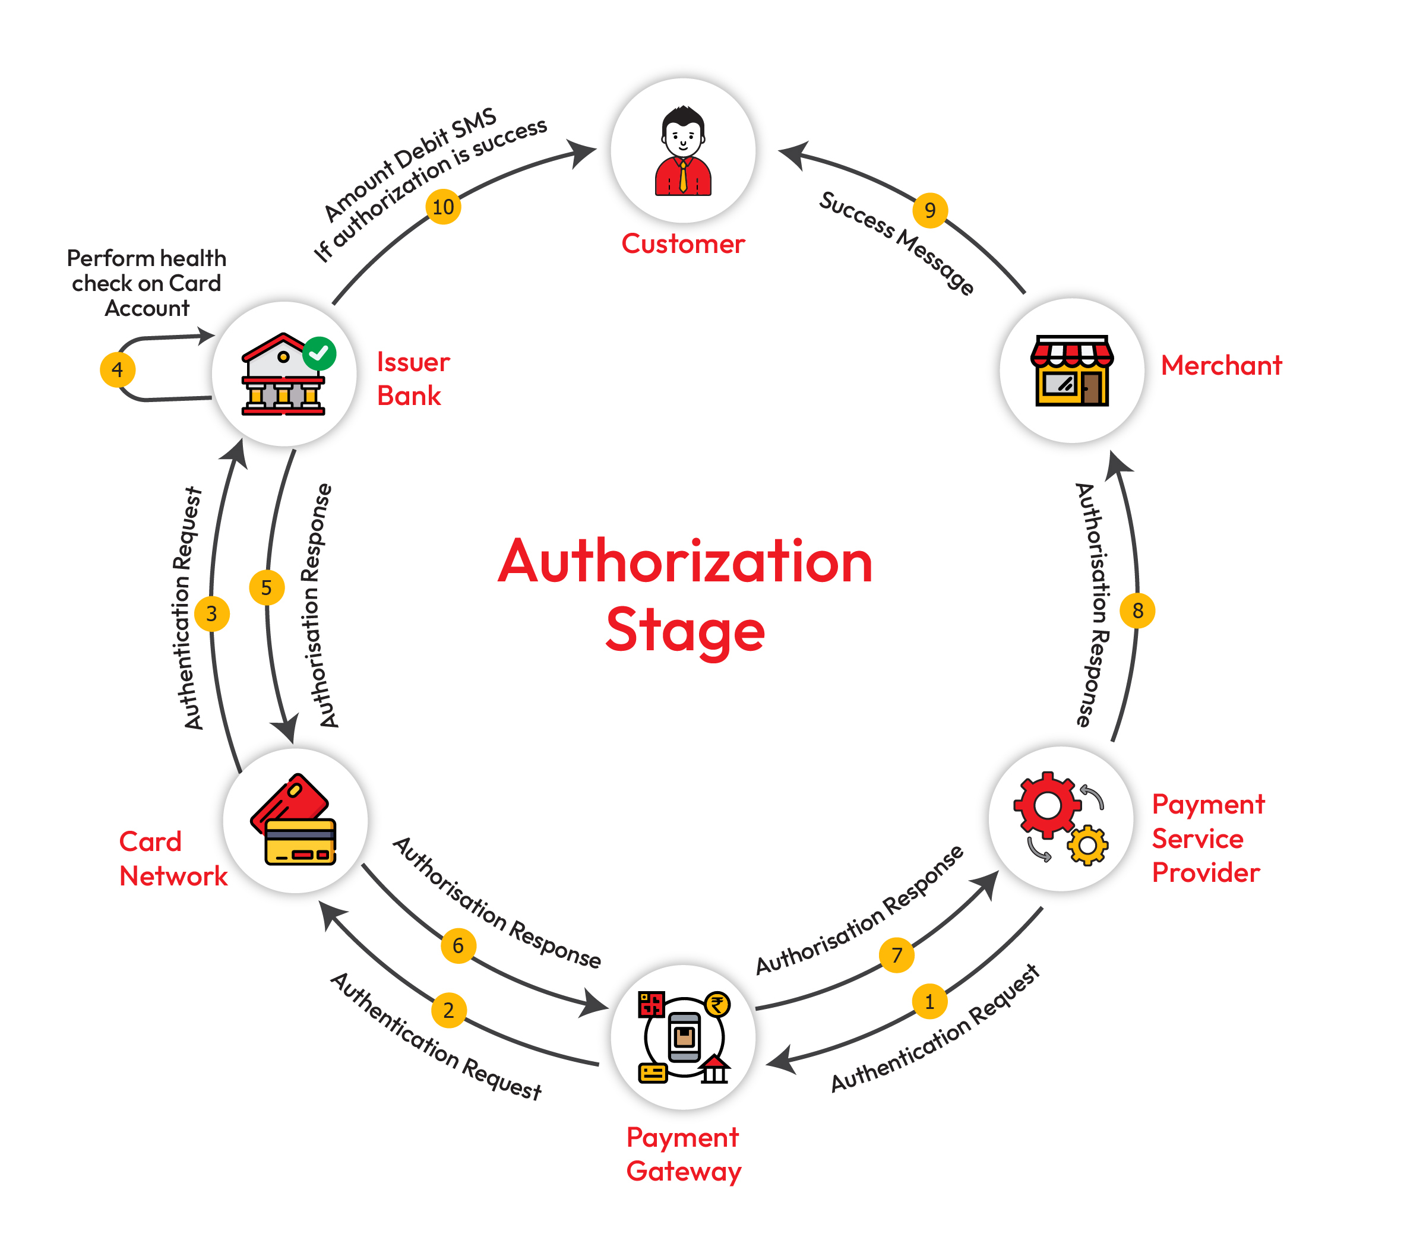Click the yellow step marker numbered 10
tap(443, 207)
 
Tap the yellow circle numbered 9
tap(930, 210)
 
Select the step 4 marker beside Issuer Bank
tap(118, 370)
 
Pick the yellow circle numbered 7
tap(897, 955)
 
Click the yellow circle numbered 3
tap(212, 613)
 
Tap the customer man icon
tap(682, 150)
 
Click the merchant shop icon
tap(1071, 371)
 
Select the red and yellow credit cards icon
tap(293, 819)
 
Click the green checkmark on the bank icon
tap(319, 353)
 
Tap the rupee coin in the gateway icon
tap(718, 1004)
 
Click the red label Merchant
tap(1221, 365)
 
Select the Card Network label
tap(173, 859)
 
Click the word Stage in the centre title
tap(685, 631)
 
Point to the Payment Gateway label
tap(684, 1154)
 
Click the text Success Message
tap(897, 243)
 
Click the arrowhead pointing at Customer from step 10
tap(582, 153)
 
